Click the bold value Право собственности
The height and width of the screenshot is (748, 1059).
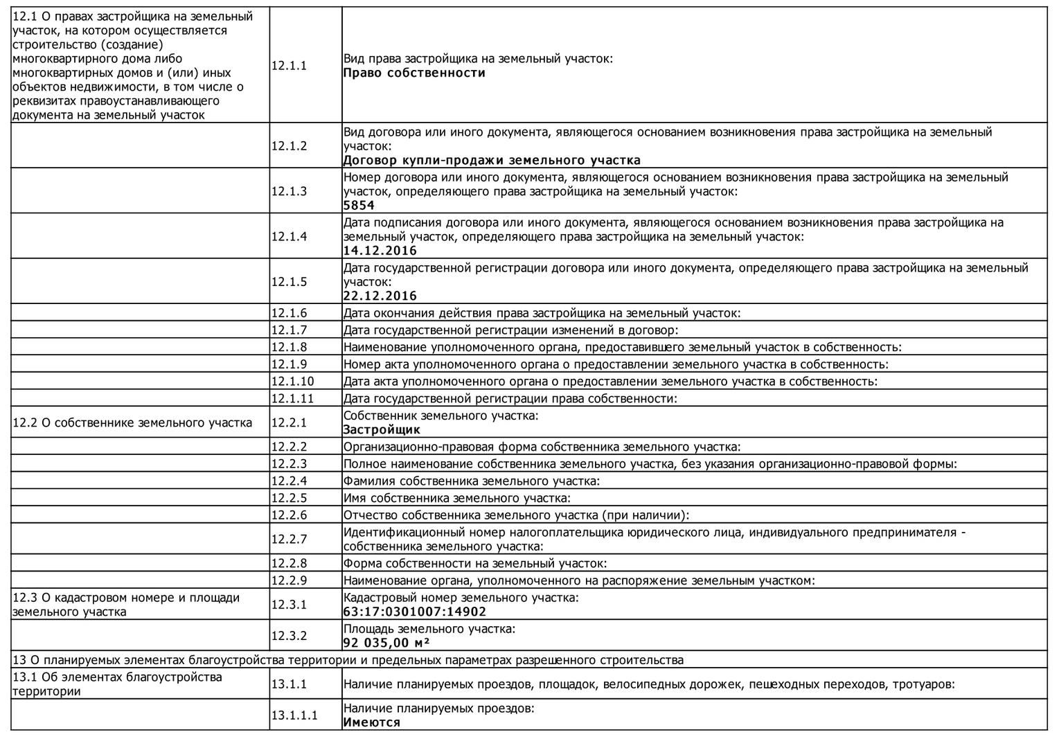coord(414,73)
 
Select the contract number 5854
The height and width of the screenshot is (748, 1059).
coord(359,206)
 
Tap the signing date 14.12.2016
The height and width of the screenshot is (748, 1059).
coord(380,251)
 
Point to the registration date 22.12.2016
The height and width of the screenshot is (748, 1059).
coord(380,296)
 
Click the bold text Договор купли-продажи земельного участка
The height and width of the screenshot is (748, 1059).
coord(492,161)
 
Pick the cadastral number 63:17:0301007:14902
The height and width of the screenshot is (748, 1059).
coord(415,612)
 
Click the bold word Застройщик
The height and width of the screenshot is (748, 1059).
coord(382,430)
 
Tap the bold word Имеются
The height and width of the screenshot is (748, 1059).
coord(372,722)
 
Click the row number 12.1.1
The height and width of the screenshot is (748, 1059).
coord(289,66)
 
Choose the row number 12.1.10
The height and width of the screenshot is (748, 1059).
coord(292,382)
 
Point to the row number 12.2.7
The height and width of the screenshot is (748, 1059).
coord(289,540)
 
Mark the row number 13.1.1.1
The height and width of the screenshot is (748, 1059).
coord(294,715)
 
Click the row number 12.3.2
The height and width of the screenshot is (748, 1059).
coord(289,636)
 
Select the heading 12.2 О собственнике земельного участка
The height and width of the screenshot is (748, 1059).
coord(132,422)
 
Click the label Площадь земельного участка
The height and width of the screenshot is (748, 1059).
coord(429,629)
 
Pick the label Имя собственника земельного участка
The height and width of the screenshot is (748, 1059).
coord(457,498)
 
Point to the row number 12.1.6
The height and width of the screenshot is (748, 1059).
coord(289,313)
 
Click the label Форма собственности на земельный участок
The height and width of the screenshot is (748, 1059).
coord(475,564)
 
